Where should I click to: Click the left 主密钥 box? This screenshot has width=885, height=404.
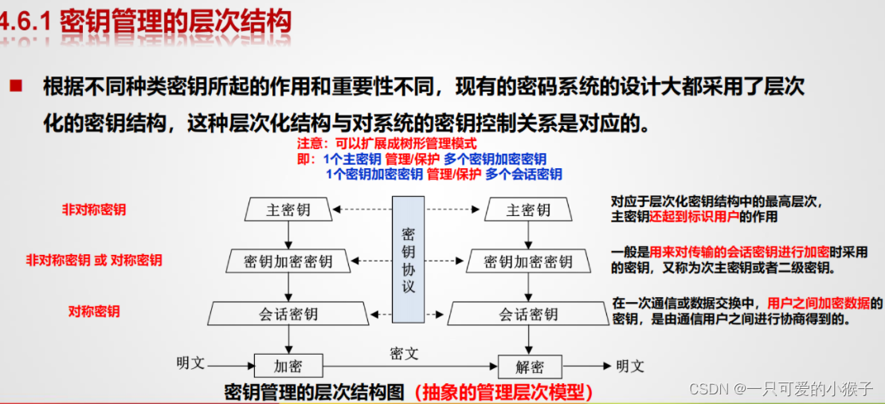pyautogui.click(x=288, y=210)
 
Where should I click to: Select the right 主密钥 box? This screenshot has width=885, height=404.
pyautogui.click(x=527, y=210)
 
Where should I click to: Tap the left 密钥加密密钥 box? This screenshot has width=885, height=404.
pyautogui.click(x=288, y=261)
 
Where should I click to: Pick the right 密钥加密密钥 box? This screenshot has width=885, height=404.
pyautogui.click(x=527, y=261)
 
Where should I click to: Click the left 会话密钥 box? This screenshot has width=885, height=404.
pyautogui.click(x=288, y=313)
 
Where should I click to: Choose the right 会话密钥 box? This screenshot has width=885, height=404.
pyautogui.click(x=527, y=313)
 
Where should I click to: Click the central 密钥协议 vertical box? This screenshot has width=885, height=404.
pyautogui.click(x=408, y=259)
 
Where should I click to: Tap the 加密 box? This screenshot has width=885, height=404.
pyautogui.click(x=288, y=367)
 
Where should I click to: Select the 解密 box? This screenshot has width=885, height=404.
pyautogui.click(x=527, y=367)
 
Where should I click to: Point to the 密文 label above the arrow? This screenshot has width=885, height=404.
pyautogui.click(x=404, y=353)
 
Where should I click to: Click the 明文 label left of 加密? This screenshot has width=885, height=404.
pyautogui.click(x=190, y=363)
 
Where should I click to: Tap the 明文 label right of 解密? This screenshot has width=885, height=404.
pyautogui.click(x=629, y=366)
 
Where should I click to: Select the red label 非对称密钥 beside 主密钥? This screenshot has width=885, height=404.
pyautogui.click(x=94, y=210)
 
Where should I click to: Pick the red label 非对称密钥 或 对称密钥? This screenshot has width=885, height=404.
pyautogui.click(x=94, y=261)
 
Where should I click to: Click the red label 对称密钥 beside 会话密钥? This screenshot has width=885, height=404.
pyautogui.click(x=94, y=312)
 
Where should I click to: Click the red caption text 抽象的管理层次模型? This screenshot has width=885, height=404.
pyautogui.click(x=503, y=392)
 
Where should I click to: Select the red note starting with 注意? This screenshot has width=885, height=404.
pyautogui.click(x=386, y=144)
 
